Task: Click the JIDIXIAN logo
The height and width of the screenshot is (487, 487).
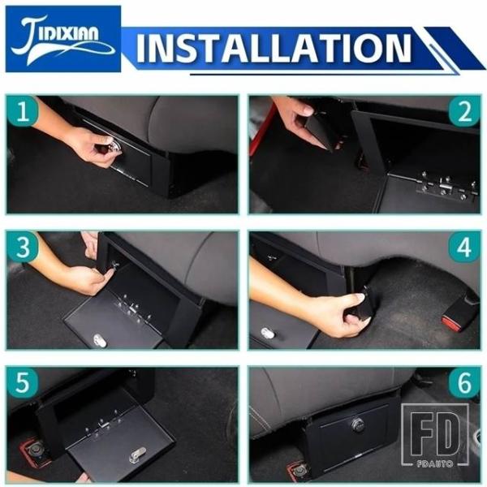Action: click(x=63, y=39)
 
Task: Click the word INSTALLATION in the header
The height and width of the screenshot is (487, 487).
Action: click(x=274, y=48)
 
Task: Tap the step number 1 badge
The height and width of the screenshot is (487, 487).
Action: click(x=23, y=111)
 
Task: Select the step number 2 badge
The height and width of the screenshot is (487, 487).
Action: click(x=464, y=111)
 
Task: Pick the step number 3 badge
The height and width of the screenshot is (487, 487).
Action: click(x=23, y=247)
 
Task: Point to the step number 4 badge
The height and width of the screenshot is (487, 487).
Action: click(x=464, y=248)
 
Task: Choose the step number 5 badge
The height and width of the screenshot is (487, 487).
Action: click(x=23, y=383)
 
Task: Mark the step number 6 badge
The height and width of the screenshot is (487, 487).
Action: click(x=464, y=383)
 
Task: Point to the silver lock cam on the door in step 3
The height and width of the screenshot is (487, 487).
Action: click(x=99, y=340)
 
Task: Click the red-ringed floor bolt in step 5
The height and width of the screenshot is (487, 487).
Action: click(x=34, y=450)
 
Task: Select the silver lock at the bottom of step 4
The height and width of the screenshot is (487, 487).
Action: click(x=267, y=334)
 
